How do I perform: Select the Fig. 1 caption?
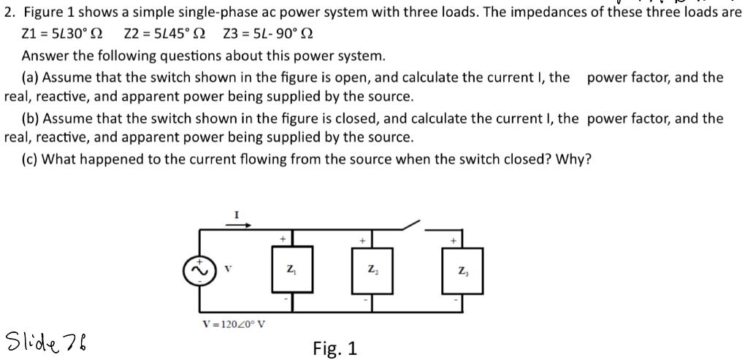(x=335, y=348)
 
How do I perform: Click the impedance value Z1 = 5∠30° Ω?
(x=63, y=34)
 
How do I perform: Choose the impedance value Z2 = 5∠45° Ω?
(x=164, y=34)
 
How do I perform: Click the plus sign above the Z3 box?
(x=455, y=240)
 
